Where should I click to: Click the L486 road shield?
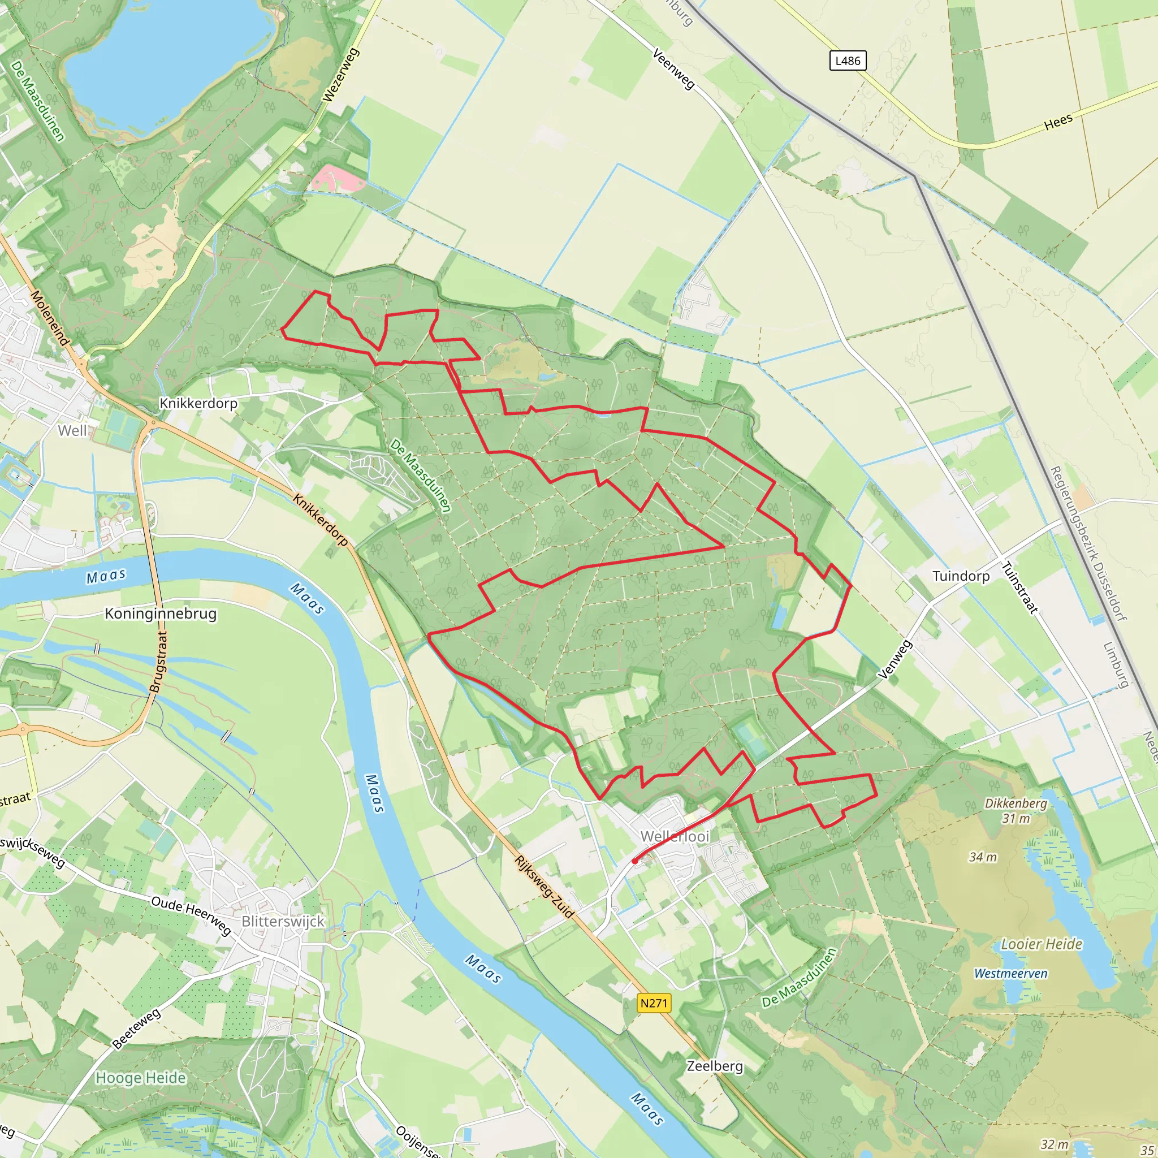coord(848,61)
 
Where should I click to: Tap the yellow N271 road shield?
coord(653,1003)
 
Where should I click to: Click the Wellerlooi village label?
coord(675,836)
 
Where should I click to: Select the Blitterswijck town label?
coord(283,921)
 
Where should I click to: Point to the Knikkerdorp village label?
coord(198,403)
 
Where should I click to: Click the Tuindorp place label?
coord(961,576)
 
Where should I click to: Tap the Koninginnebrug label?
coord(161,613)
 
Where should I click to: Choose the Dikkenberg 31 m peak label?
coord(1016,810)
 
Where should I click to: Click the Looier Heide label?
coord(1042,945)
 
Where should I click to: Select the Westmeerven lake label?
coord(1010,974)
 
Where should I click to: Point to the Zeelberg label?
coord(715,1066)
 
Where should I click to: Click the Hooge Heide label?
coord(141,1078)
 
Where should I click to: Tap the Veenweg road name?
coord(673,70)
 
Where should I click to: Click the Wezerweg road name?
coord(340,75)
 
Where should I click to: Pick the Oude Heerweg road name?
coord(191,915)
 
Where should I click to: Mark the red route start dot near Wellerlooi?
coord(635,861)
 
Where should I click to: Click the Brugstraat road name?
coord(159,662)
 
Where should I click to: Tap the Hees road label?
coord(1058,122)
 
